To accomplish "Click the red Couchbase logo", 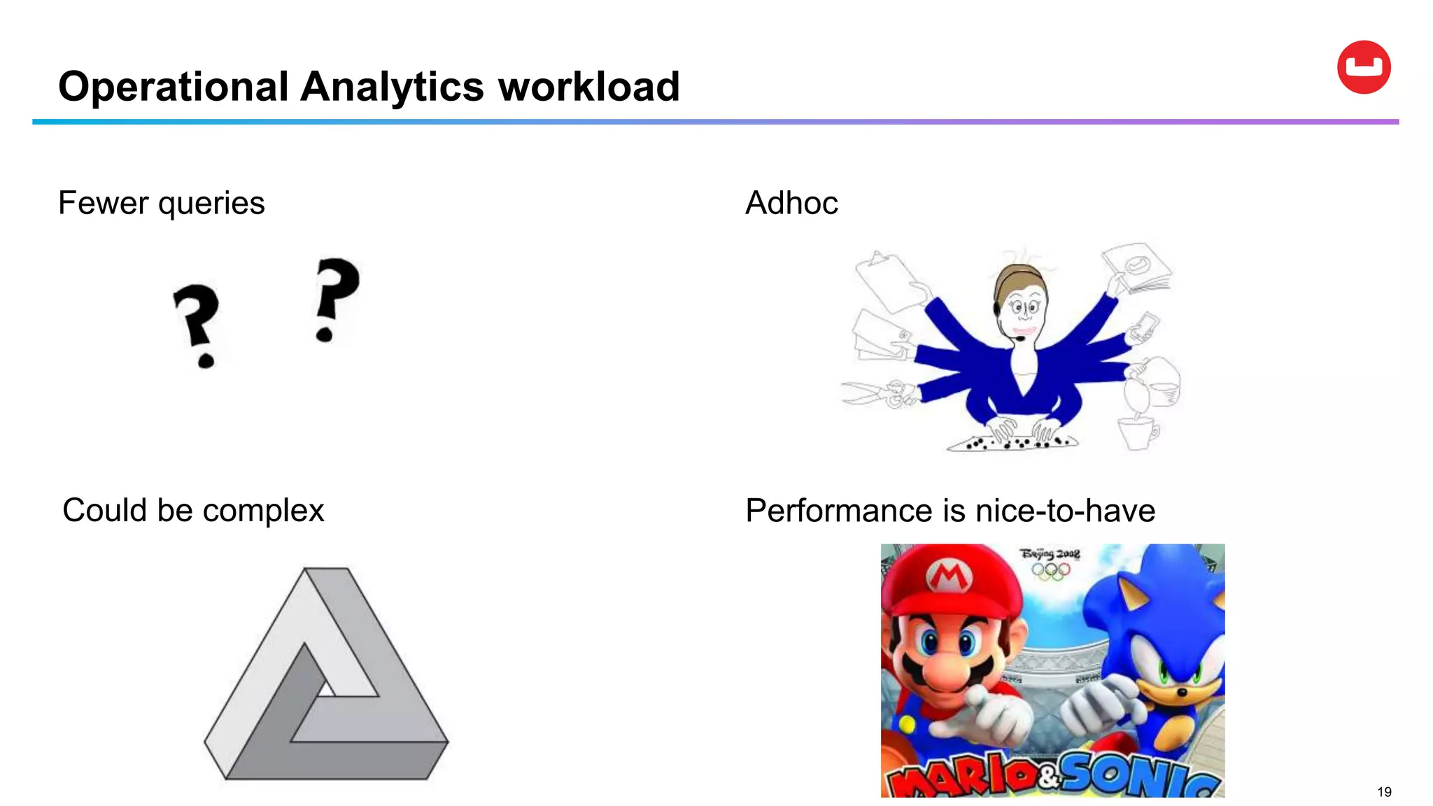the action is (1363, 67).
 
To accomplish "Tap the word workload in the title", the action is (588, 87).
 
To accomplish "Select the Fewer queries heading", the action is (161, 204).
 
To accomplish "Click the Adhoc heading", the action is (791, 204).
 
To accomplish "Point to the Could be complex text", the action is (193, 510).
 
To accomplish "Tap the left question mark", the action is (197, 324).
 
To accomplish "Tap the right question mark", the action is (336, 298).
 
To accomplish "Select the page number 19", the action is (1383, 792).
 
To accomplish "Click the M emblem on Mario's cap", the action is (948, 577).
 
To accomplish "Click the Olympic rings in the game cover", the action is (1050, 571).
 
